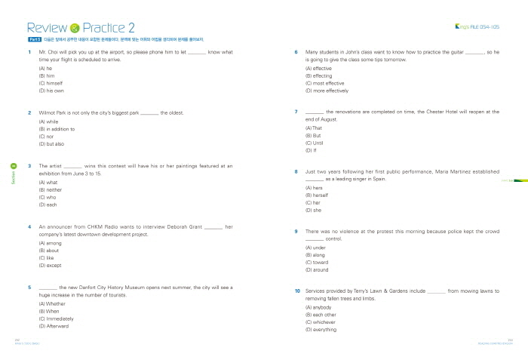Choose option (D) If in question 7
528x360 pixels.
click(x=311, y=150)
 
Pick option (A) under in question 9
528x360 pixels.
click(x=315, y=247)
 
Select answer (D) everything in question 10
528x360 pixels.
click(x=321, y=330)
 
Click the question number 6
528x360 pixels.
click(x=296, y=52)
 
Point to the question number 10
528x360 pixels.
click(x=297, y=291)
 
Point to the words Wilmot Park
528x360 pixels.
click(x=54, y=113)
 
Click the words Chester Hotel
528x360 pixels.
click(x=445, y=112)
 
